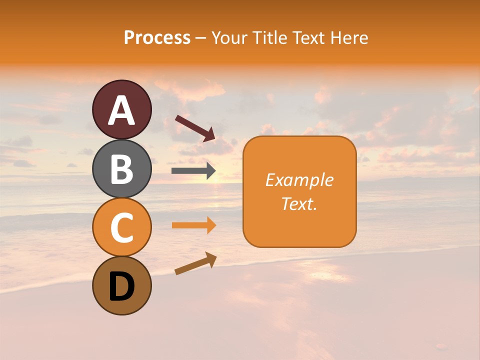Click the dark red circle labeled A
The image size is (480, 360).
point(122,109)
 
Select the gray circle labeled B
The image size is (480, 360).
point(122,168)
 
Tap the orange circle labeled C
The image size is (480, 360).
point(122,227)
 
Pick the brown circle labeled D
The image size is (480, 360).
point(122,286)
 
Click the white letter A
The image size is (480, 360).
point(122,110)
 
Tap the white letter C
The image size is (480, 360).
point(122,228)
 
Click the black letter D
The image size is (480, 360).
point(122,287)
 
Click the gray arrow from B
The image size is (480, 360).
point(193,171)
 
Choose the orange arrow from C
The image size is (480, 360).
point(193,225)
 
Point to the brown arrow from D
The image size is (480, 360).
point(195,263)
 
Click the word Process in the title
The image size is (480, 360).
point(157,38)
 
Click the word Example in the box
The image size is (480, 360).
point(299,180)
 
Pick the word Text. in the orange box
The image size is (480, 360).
point(299,203)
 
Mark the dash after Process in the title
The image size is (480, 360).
point(200,38)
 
